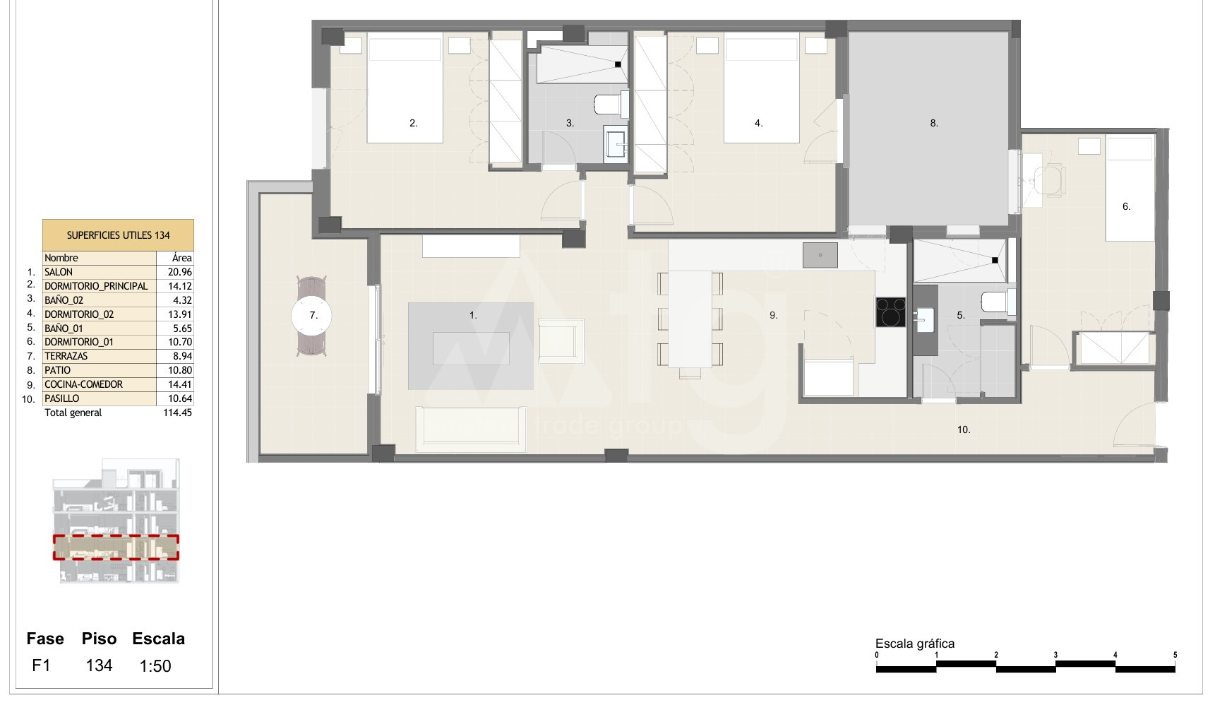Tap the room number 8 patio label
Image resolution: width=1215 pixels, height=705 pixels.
(x=933, y=123)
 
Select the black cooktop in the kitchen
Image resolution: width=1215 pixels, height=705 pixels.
(x=891, y=312)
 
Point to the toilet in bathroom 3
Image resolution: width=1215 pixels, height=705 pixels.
(x=611, y=104)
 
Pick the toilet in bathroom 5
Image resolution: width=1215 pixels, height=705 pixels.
(x=998, y=302)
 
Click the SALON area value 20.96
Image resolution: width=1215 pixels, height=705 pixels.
(x=181, y=272)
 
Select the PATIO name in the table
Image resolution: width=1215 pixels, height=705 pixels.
(x=57, y=370)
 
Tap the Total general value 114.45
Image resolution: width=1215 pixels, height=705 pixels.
(x=177, y=413)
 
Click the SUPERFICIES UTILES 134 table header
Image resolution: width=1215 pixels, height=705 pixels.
(x=118, y=235)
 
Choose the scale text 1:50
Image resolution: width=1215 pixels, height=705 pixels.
(x=155, y=666)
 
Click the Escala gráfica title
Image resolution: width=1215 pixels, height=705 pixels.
(x=915, y=644)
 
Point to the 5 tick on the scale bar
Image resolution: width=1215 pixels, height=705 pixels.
(x=1175, y=655)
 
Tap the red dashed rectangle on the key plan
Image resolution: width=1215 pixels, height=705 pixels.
(x=116, y=547)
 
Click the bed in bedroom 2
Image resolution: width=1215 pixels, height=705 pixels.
(x=405, y=90)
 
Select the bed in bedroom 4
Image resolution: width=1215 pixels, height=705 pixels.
(x=762, y=90)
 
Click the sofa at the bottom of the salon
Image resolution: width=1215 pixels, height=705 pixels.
(x=470, y=429)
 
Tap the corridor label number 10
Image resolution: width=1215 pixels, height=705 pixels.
(x=964, y=429)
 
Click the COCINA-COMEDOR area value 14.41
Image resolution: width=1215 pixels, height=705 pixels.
(x=181, y=384)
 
